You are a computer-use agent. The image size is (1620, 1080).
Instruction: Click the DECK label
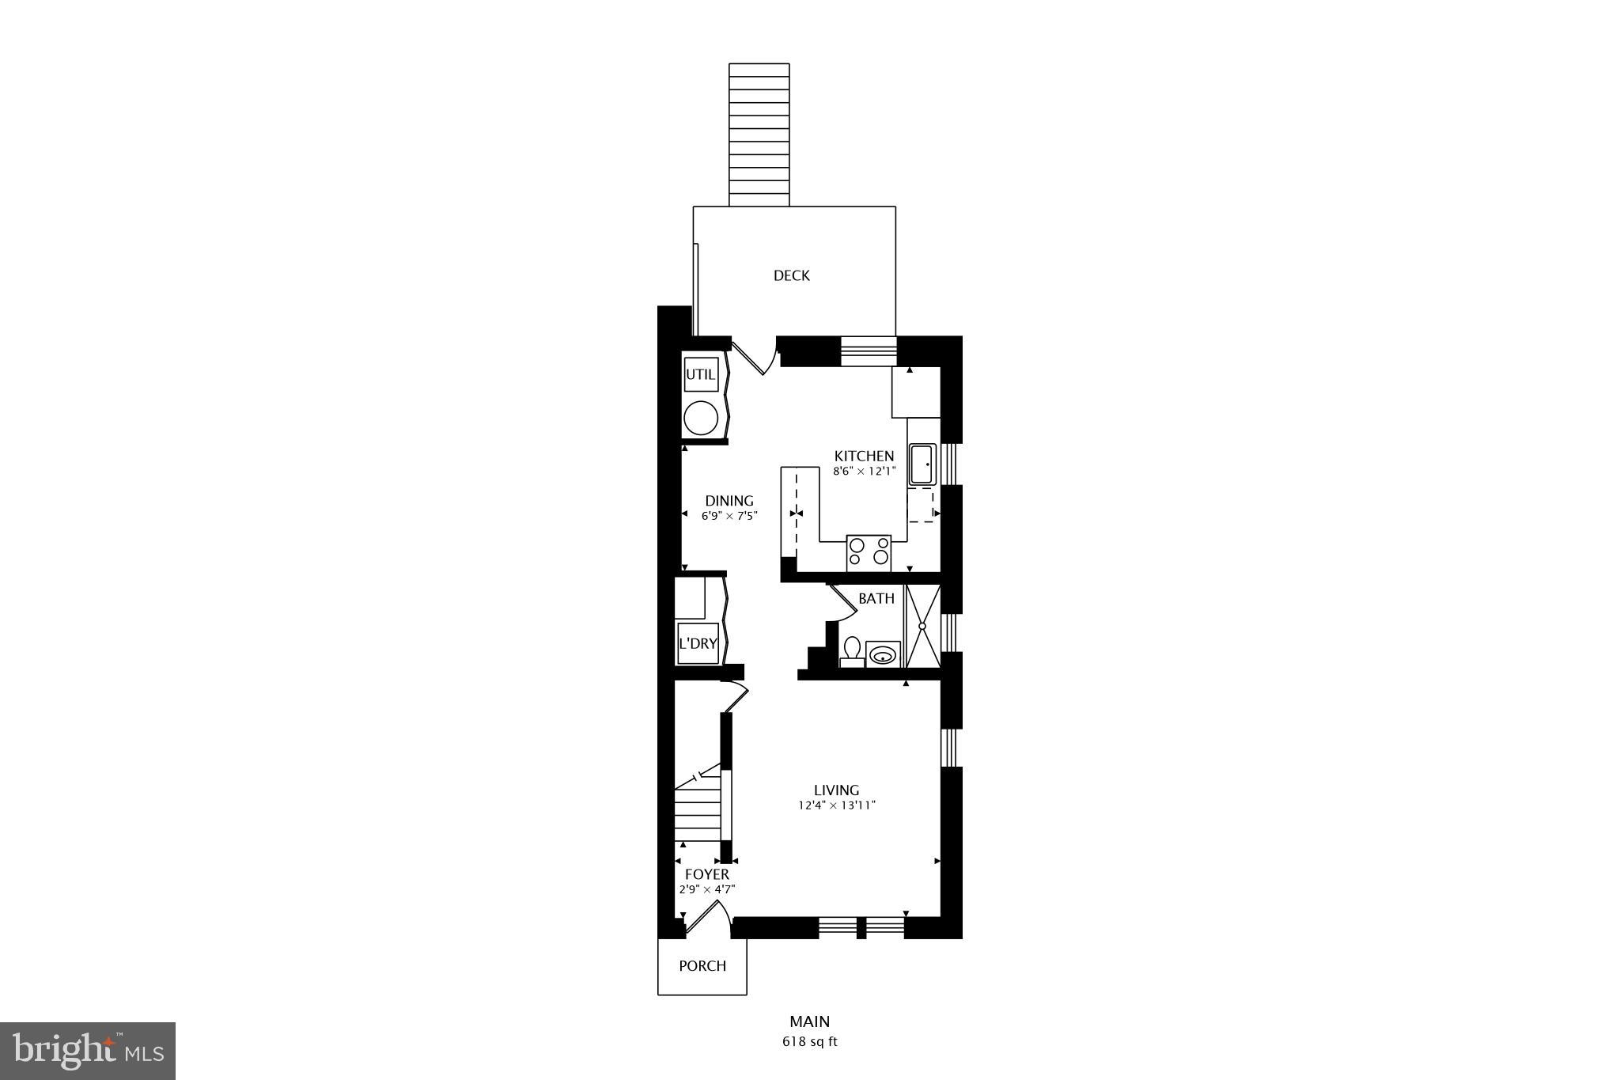[x=791, y=275]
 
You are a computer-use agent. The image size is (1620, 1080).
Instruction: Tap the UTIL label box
[x=700, y=375]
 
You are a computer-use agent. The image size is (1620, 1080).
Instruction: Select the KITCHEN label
[x=865, y=457]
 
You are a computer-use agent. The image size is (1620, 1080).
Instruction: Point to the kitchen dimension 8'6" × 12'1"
[x=864, y=472]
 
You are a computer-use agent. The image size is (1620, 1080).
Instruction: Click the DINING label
[x=729, y=501]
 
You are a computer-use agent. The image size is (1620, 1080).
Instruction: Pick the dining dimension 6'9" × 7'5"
[x=729, y=516]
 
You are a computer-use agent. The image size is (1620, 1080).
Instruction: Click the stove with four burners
[x=869, y=551]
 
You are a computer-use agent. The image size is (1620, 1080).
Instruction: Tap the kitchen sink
[x=922, y=464]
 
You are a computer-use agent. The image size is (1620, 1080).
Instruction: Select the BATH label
[x=876, y=599]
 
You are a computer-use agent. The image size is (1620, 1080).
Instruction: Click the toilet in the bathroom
[x=852, y=650]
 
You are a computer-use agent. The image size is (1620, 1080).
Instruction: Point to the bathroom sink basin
[x=883, y=654]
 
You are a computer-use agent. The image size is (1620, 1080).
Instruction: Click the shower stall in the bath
[x=922, y=626]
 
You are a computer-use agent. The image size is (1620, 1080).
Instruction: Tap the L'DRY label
[x=698, y=644]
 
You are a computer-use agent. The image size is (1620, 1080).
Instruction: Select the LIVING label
[x=837, y=790]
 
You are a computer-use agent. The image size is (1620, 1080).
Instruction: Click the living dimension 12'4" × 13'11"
[x=837, y=805]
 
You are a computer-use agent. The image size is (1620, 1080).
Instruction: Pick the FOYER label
[x=707, y=874]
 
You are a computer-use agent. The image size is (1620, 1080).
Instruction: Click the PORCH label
[x=702, y=966]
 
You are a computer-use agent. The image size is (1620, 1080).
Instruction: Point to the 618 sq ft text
[x=809, y=1042]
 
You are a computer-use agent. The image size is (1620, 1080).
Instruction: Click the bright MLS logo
[x=88, y=1051]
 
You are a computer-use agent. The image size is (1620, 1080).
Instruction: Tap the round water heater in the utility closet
[x=701, y=418]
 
